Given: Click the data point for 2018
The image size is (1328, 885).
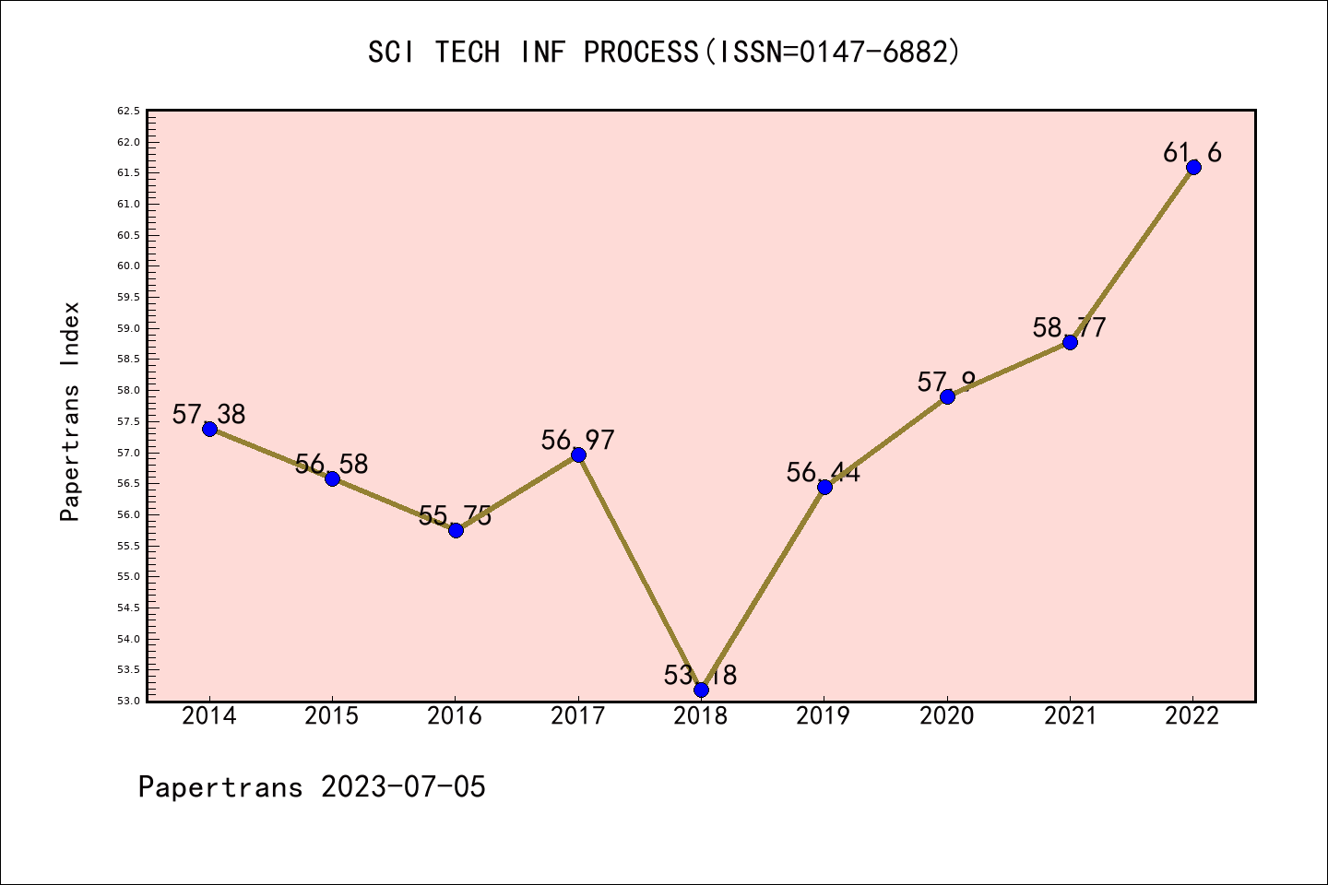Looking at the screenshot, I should coord(701,690).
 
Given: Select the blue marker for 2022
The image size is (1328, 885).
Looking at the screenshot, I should coord(1193,167).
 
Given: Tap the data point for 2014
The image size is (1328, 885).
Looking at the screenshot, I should coord(209,429).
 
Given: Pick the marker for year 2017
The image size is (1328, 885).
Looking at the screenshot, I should coord(578,454).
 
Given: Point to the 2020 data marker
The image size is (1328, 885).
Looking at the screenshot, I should coord(947,396).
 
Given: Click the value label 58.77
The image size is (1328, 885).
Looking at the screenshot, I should coord(1069,327).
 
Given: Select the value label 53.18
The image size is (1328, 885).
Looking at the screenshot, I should coord(700,675).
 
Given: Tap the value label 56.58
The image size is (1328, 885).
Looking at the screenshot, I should coord(331,464).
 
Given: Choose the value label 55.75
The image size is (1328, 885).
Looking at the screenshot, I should coord(455,515).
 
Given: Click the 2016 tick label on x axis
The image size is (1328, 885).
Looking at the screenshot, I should coord(455,715).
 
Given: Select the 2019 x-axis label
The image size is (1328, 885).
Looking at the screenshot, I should coord(824,715).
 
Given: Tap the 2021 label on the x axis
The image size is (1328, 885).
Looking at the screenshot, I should coord(1070,715).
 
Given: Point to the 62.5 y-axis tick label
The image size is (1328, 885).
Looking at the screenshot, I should coord(128,111).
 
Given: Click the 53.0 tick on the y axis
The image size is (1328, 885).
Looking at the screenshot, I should coord(128,701).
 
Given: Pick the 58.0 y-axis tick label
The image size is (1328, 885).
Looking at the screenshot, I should coord(128,390).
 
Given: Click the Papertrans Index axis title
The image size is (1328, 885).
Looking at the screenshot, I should coord(70,411).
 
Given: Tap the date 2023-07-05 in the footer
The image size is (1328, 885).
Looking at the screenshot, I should coord(403,786).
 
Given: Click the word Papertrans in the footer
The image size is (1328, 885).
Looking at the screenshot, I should coord(220,786).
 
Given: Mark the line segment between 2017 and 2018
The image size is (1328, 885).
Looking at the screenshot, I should coord(640,572).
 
